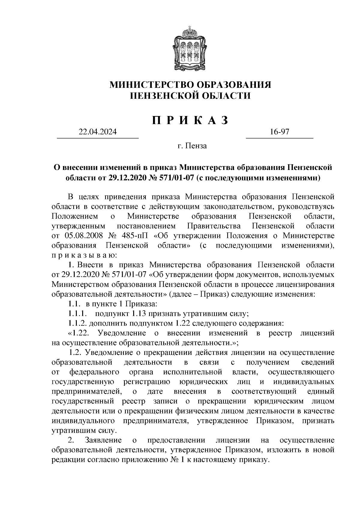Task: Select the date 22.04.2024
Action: pos(97,132)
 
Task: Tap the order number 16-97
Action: pos(279,132)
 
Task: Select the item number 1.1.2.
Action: pos(77,324)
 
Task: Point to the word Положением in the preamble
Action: pos(75,216)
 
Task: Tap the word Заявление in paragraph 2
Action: pos(103,440)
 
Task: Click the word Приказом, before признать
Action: pos(275,421)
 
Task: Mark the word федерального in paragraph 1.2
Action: pos(94,372)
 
